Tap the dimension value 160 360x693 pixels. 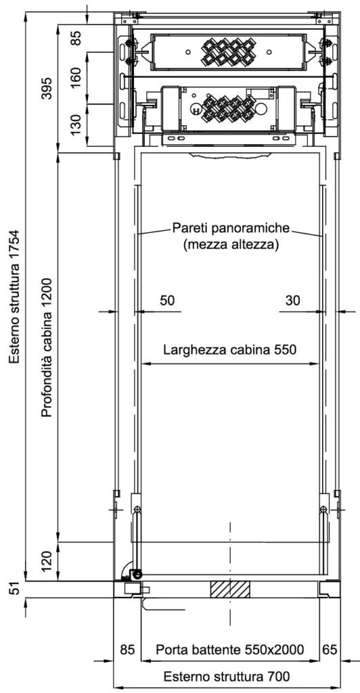pyautogui.click(x=76, y=78)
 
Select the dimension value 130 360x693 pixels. pyautogui.click(x=76, y=125)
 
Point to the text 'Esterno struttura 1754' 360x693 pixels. pyautogui.click(x=16, y=296)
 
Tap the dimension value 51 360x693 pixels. pyautogui.click(x=16, y=589)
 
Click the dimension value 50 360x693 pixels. pyautogui.click(x=167, y=300)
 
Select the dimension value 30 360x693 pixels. pyautogui.click(x=292, y=300)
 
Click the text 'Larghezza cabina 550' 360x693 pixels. pyautogui.click(x=229, y=350)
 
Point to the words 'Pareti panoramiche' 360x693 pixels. pyautogui.click(x=231, y=229)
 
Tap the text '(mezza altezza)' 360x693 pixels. pyautogui.click(x=231, y=245)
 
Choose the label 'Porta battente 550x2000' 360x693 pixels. pyautogui.click(x=229, y=650)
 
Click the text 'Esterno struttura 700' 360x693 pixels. pyautogui.click(x=227, y=676)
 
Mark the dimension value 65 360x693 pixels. pyautogui.click(x=329, y=650)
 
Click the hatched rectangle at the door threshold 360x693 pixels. pyautogui.click(x=229, y=589)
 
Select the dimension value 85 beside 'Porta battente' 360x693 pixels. pyautogui.click(x=128, y=650)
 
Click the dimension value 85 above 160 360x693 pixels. pyautogui.click(x=76, y=37)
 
